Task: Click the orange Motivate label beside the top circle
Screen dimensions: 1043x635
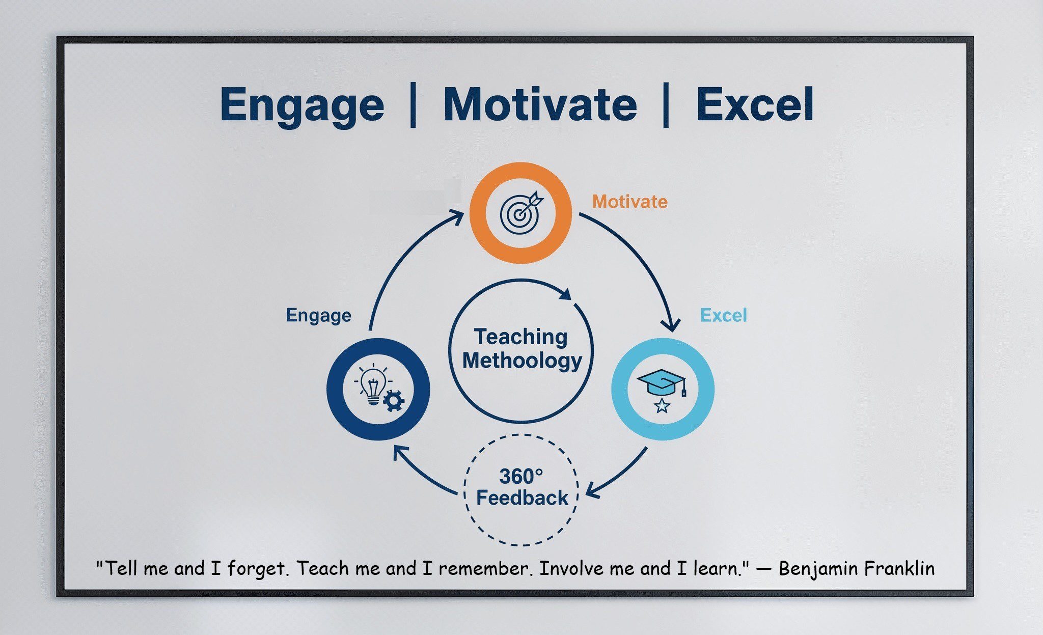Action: (629, 202)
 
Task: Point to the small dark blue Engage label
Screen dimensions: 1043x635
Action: (318, 316)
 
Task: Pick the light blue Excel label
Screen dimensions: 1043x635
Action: (724, 315)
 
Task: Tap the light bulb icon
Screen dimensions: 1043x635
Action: (373, 384)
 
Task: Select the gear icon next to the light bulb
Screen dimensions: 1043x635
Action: (394, 400)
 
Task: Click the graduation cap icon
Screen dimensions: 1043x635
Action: (662, 382)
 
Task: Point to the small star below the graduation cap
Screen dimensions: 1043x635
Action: (662, 406)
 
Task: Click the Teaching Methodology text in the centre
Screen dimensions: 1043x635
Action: (521, 349)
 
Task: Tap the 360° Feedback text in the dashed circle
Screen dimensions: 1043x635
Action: (521, 487)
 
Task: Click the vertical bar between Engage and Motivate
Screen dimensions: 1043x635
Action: (413, 105)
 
